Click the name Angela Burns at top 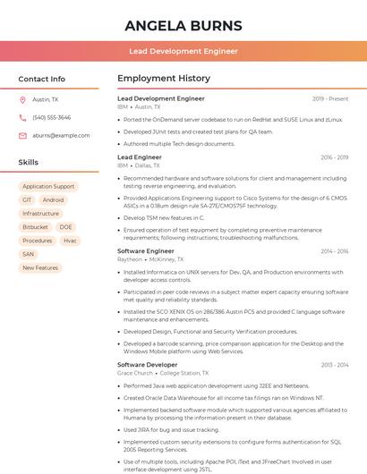tap(183, 24)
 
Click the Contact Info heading tap(41, 79)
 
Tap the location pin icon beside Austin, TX tap(23, 99)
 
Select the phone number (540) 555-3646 tap(51, 117)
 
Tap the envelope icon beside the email tap(23, 135)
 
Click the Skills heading tap(29, 163)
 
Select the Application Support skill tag tap(48, 186)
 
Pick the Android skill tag tap(53, 200)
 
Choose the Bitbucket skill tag tap(36, 227)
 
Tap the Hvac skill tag tap(70, 241)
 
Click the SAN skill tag tap(28, 254)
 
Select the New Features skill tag tap(40, 267)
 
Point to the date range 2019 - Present tap(330, 98)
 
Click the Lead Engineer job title tap(140, 157)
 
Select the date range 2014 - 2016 tap(334, 251)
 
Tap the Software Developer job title tap(148, 365)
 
